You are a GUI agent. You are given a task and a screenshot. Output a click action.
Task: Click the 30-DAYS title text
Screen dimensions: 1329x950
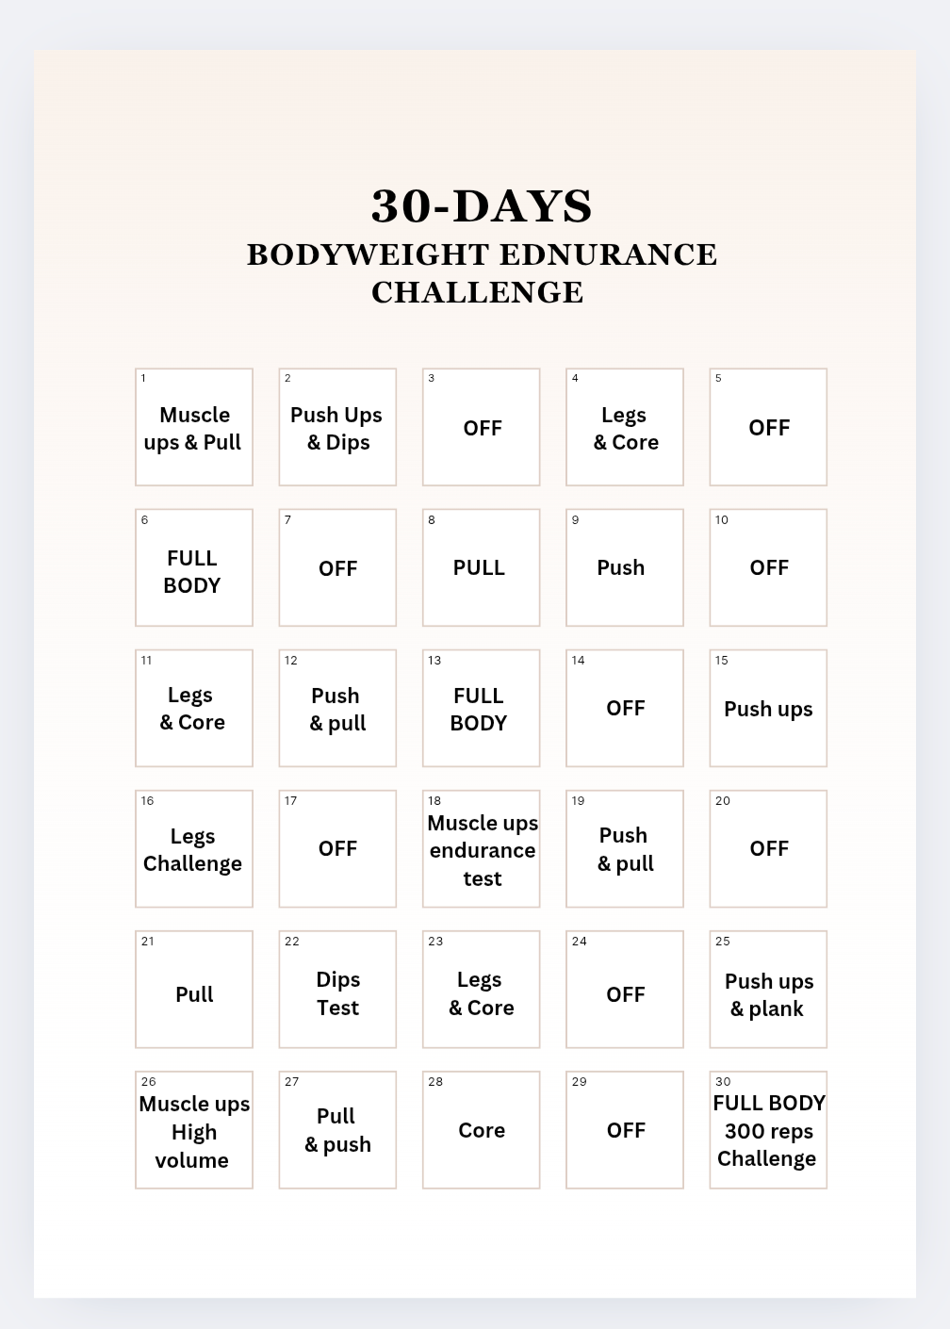pos(482,205)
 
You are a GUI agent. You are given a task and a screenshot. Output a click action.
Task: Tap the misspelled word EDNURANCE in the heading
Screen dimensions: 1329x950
pos(608,254)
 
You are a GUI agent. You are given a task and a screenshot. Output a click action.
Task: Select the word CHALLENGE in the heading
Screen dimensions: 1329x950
pos(478,292)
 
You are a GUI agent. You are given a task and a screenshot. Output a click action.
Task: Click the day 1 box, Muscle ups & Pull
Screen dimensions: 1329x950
pos(194,428)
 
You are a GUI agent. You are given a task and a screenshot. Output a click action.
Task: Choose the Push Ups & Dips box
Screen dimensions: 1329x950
pos(337,428)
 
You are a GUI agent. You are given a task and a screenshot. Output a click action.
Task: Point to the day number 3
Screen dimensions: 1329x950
pos(432,378)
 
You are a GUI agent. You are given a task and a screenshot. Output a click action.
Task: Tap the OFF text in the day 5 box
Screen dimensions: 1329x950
pos(769,428)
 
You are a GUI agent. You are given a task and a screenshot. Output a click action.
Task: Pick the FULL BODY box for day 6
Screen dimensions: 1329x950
pos(194,568)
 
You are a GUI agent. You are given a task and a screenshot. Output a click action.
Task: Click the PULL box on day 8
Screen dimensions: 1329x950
pos(481,568)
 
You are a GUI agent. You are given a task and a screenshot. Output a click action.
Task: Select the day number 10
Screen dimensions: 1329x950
pos(722,519)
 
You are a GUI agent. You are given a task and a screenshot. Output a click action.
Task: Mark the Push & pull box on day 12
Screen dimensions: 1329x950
pos(337,709)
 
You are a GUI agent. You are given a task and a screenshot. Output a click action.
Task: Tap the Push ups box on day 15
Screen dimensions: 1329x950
pos(768,709)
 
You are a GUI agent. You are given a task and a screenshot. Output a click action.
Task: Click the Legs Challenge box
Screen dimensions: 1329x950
pos(194,849)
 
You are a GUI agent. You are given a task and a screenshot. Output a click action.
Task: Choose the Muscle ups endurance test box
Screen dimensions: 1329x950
pos(482,849)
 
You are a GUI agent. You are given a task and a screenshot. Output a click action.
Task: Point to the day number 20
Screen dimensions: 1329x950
pos(723,800)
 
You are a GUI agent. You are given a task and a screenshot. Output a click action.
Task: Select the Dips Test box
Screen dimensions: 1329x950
pos(337,990)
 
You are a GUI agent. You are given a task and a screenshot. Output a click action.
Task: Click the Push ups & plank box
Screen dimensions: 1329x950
pos(768,990)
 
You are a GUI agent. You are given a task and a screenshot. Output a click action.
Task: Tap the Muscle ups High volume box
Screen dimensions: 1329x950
pos(194,1130)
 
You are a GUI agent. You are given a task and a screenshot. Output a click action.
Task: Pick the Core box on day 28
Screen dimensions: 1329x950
pos(482,1130)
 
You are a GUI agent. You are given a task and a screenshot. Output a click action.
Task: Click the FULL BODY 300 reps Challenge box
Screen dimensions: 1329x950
pos(768,1130)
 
